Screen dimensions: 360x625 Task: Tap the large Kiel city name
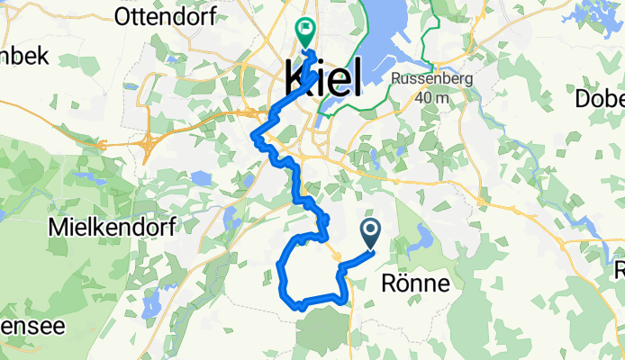pos(323,78)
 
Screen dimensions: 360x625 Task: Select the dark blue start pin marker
pos(371,234)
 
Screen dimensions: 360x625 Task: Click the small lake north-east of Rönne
pos(420,240)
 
